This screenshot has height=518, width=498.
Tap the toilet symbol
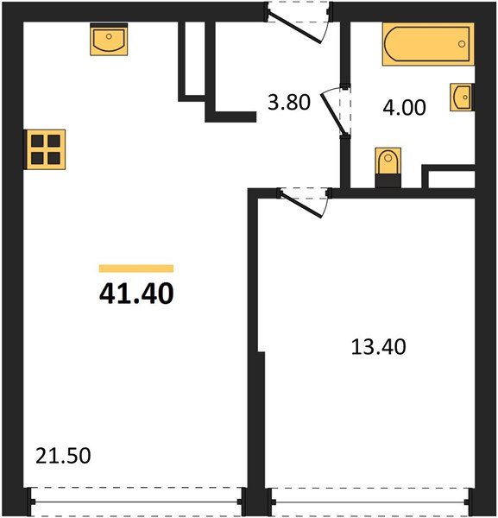pyautogui.click(x=389, y=165)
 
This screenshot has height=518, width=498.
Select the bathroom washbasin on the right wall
pyautogui.click(x=460, y=98)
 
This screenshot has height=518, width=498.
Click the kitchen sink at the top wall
pyautogui.click(x=110, y=40)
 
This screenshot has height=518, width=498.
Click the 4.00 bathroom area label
pyautogui.click(x=404, y=108)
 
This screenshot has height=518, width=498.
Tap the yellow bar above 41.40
pyautogui.click(x=136, y=268)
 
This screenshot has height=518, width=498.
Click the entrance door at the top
pyautogui.click(x=298, y=21)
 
